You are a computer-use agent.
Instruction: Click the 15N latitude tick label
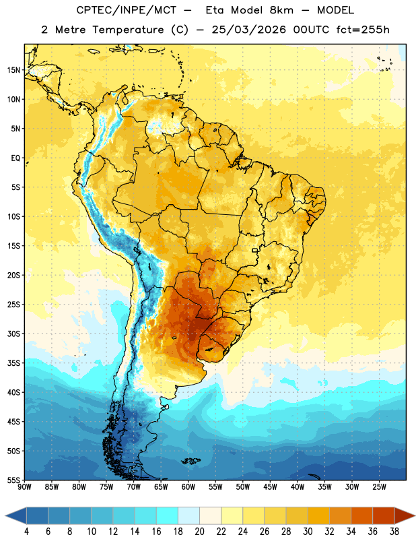point(13,70)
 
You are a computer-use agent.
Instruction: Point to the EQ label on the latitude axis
point(15,158)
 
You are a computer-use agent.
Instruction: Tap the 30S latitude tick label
point(13,334)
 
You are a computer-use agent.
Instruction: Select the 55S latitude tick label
point(13,480)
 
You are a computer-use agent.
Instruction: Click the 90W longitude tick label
point(24,487)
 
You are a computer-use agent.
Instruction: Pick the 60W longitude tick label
point(188,487)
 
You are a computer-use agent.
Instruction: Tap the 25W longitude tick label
point(379,487)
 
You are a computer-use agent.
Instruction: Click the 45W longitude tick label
point(270,487)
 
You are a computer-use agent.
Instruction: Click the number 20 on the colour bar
point(199,532)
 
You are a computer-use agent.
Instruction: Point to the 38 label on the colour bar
point(394,532)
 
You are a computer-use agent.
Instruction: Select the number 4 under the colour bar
point(26,532)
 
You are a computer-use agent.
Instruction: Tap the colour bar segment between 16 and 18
point(168,515)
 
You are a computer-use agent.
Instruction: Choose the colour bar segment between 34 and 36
point(362,515)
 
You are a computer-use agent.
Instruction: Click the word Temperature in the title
point(129,30)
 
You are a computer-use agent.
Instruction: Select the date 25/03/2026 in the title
point(248,30)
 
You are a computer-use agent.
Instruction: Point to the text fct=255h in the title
point(363,30)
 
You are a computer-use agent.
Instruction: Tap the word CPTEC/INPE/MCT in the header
point(127,10)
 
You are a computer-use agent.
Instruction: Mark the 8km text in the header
point(281,10)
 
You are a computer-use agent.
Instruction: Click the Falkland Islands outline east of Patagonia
point(190,461)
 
